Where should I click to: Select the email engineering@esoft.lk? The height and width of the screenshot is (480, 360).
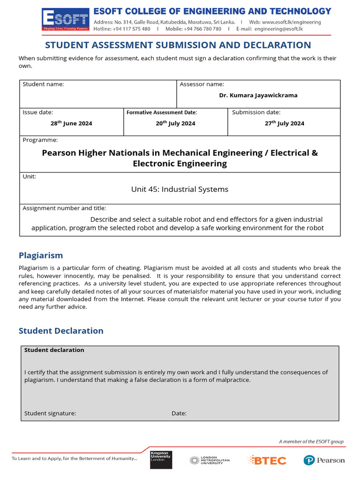point(278,29)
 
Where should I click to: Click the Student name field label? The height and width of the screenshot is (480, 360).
point(43,84)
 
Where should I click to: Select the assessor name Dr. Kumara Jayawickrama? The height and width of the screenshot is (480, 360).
point(258,95)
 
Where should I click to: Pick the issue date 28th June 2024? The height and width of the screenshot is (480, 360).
point(71,123)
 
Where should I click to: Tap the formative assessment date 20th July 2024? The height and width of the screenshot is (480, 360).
point(175,123)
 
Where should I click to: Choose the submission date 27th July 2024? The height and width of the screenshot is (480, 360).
point(284,123)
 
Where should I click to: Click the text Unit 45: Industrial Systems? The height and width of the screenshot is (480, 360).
point(180,189)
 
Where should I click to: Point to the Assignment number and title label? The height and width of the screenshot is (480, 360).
point(64,208)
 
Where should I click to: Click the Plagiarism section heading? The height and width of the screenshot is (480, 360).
point(41,255)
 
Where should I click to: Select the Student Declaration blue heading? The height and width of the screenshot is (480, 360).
point(61,330)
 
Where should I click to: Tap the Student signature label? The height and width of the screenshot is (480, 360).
point(50,413)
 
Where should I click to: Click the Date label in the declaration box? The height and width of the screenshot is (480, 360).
point(179,413)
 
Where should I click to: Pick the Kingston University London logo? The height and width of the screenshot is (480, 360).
point(161,459)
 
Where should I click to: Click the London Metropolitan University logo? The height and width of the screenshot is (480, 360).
point(210,460)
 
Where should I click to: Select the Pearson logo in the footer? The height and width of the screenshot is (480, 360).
point(324,460)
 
